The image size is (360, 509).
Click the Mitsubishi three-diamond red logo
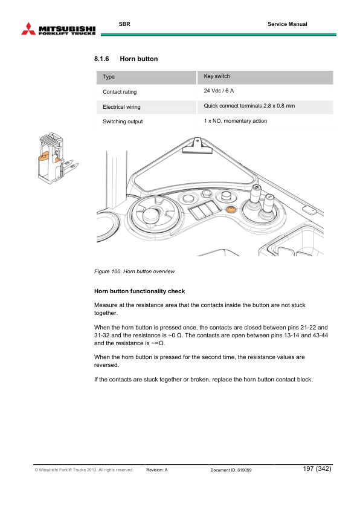(x=28, y=28)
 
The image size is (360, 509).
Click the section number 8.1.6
(x=101, y=59)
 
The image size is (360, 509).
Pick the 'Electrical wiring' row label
(x=121, y=107)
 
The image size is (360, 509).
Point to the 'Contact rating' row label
(x=120, y=92)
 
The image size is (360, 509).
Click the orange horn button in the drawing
(x=231, y=209)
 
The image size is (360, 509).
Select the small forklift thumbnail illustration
(x=58, y=158)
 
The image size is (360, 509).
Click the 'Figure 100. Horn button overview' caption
(x=134, y=271)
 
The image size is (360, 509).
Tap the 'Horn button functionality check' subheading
(x=140, y=291)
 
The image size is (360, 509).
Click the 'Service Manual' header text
(x=288, y=24)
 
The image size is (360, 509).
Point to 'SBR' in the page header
(x=124, y=24)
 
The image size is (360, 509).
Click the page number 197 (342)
(x=317, y=468)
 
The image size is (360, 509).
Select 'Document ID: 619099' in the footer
(x=231, y=470)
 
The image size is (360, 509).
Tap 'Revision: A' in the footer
(x=156, y=470)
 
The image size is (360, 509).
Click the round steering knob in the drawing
(x=152, y=215)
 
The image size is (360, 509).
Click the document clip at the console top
(x=197, y=146)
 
